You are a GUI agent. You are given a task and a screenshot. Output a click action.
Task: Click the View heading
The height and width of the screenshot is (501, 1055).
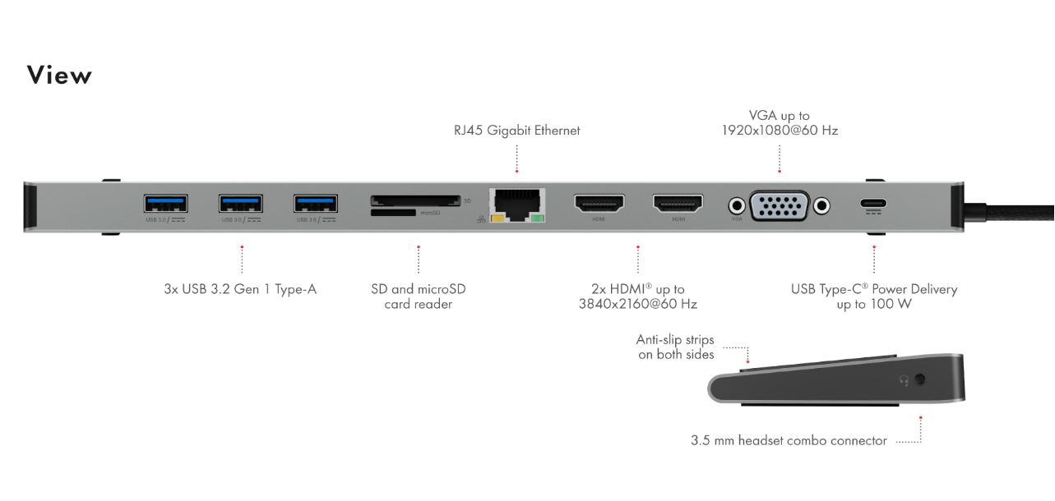(59, 75)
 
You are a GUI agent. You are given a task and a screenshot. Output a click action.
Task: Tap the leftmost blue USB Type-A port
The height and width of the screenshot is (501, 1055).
(165, 203)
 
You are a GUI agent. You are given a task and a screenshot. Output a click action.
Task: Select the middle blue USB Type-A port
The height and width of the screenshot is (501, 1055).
(240, 203)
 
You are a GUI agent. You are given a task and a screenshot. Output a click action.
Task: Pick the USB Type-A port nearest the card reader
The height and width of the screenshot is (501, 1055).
(315, 203)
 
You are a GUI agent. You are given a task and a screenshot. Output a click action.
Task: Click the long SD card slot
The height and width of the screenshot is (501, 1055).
(414, 200)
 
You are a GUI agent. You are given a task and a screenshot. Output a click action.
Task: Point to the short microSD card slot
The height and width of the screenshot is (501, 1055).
(393, 213)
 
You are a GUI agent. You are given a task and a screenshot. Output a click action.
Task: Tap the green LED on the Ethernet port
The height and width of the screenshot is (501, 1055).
(538, 218)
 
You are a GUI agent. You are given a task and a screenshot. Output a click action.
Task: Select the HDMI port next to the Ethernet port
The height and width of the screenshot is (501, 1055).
(599, 202)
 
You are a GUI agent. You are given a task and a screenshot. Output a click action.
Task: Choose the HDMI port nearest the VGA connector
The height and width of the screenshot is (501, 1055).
(678, 202)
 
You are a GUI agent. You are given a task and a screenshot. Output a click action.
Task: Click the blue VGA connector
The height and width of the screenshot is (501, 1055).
(780, 205)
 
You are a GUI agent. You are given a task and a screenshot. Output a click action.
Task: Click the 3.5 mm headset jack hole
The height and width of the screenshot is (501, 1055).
(920, 380)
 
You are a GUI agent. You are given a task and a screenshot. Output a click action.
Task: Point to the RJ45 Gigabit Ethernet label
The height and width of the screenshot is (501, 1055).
(516, 131)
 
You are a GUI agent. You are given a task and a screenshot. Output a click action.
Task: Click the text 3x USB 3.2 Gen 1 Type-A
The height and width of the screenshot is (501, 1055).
(240, 289)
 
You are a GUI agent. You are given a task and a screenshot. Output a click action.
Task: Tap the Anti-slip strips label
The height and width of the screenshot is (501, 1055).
(676, 347)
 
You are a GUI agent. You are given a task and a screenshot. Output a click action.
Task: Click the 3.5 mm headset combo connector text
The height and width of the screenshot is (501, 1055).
(789, 441)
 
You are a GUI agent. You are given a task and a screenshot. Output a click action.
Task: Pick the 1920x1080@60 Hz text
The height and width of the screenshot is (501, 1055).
(780, 131)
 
